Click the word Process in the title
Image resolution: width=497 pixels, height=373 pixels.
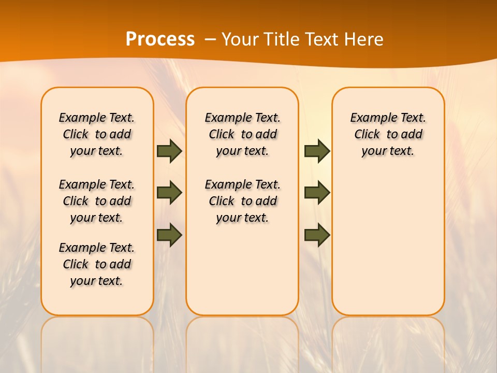pyautogui.click(x=160, y=39)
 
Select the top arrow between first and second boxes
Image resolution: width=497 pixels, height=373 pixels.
pyautogui.click(x=169, y=151)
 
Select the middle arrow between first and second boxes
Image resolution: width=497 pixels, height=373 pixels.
pyautogui.click(x=169, y=193)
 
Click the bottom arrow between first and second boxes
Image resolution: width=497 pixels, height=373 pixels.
pyautogui.click(x=169, y=235)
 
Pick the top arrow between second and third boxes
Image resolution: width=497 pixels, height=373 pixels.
pyautogui.click(x=317, y=151)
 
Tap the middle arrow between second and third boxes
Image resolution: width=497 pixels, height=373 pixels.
pyautogui.click(x=317, y=193)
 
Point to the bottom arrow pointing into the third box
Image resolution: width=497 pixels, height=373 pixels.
pyautogui.click(x=317, y=235)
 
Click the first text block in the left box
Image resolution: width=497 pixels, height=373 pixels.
pyautogui.click(x=97, y=134)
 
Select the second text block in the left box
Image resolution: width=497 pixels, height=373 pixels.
pyautogui.click(x=97, y=201)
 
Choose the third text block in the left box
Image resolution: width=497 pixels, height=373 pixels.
pyautogui.click(x=97, y=264)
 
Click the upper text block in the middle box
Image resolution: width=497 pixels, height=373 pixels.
pyautogui.click(x=242, y=134)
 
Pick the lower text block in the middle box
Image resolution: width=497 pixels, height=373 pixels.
pyautogui.click(x=242, y=201)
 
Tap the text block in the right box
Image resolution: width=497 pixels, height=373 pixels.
pyautogui.click(x=388, y=134)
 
